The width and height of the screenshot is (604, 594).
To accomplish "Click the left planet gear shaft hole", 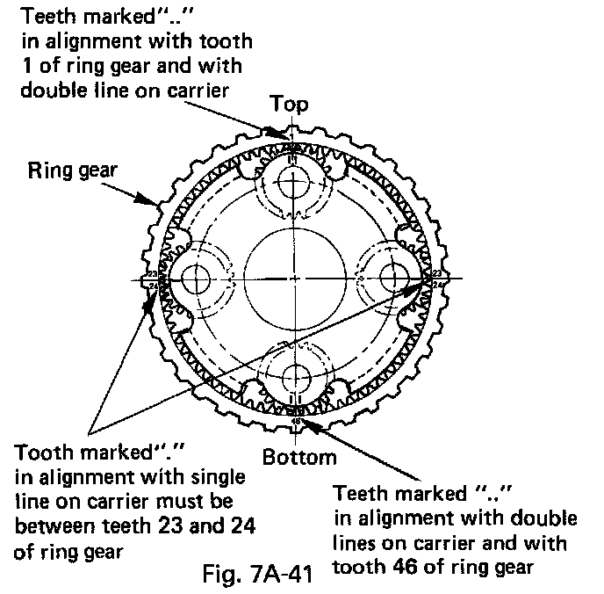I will coord(195,279).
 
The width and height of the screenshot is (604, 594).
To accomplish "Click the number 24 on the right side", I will coord(437,285).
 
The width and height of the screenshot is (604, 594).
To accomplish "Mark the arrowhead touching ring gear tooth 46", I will coord(309,424).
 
